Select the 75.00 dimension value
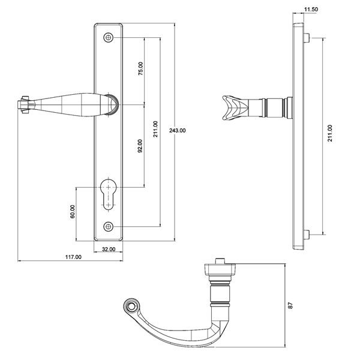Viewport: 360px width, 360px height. click(141, 70)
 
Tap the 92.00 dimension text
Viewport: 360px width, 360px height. click(140, 146)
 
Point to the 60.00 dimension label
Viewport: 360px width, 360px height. click(73, 211)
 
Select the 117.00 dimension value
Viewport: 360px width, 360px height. click(73, 257)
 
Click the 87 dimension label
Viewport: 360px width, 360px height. click(290, 305)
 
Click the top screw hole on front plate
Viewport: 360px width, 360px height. click(109, 38)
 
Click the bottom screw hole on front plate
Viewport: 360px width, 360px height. click(109, 226)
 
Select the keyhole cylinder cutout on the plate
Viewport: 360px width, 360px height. click(109, 192)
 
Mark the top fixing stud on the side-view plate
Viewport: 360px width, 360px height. click(308, 38)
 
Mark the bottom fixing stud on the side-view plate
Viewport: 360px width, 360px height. click(308, 234)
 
